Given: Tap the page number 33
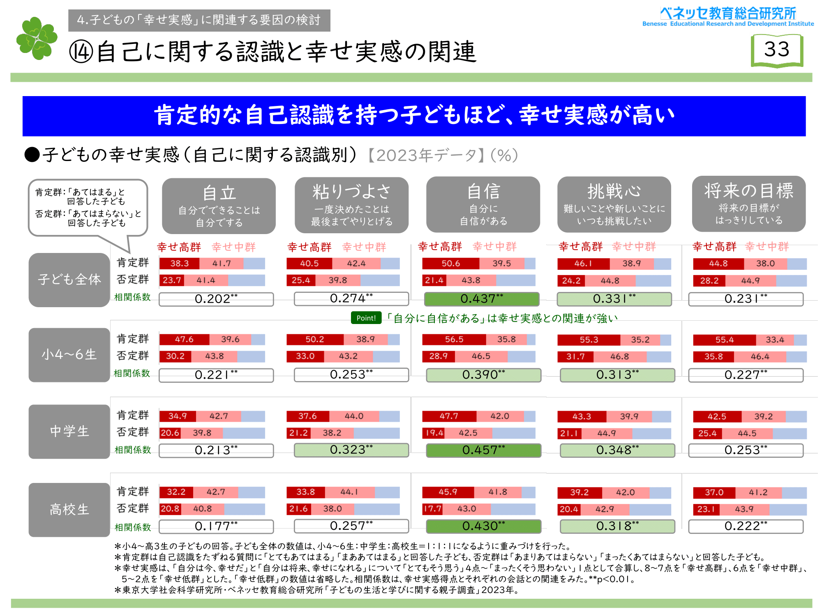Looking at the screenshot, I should pyautogui.click(x=777, y=50).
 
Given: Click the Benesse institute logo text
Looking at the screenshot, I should pyautogui.click(x=728, y=17).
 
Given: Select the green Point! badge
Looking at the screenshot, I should pyautogui.click(x=366, y=318).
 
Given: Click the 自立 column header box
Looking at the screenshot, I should pyautogui.click(x=219, y=206).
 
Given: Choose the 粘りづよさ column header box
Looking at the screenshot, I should pyautogui.click(x=351, y=205).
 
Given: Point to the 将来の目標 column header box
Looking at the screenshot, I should pyautogui.click(x=748, y=204).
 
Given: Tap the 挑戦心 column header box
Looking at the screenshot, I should pyautogui.click(x=614, y=205).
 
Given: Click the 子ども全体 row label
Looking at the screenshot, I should pyautogui.click(x=69, y=280).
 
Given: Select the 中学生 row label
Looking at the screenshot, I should pyautogui.click(x=69, y=431).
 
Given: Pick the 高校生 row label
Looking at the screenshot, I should pyautogui.click(x=69, y=510).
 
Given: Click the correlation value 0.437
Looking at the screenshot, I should pyautogui.click(x=481, y=299).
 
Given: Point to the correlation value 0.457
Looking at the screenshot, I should pyautogui.click(x=483, y=450).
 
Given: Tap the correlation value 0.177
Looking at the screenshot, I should pyautogui.click(x=216, y=526).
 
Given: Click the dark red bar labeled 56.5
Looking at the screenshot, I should pyautogui.click(x=454, y=340).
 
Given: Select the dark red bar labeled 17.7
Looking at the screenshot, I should pyautogui.click(x=432, y=509).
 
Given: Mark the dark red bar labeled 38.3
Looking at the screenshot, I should pyautogui.click(x=179, y=263).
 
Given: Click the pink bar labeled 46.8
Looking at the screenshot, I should pyautogui.click(x=620, y=356).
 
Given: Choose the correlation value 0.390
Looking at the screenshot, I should pyautogui.click(x=483, y=375).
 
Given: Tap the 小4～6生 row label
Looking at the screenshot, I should pyautogui.click(x=69, y=354).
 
